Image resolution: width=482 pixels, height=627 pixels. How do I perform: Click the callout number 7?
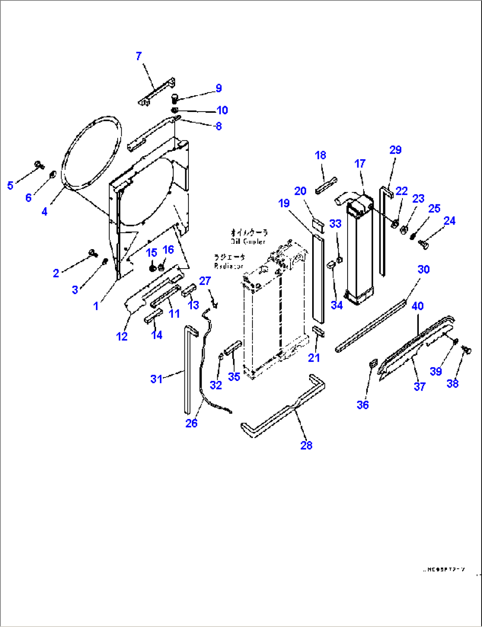coord(139,56)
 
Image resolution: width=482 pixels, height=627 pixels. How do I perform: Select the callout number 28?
coord(306,445)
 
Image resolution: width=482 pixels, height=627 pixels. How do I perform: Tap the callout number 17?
coord(360,163)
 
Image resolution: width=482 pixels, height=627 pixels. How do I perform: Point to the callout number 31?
coord(156,379)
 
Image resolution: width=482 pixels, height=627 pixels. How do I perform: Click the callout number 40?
coord(417,306)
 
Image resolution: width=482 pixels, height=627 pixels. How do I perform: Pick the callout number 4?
coord(44,212)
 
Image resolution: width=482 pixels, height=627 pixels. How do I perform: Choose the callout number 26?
coord(191,423)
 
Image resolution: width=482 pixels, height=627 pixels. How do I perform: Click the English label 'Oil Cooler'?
coord(248,242)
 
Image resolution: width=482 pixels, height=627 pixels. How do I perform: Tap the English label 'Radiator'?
coord(229,266)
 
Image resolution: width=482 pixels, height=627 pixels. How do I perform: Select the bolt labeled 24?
coord(423,242)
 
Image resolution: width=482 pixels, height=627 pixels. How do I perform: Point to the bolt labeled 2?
coord(93,253)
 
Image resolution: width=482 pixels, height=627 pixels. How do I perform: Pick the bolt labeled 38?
coord(465,350)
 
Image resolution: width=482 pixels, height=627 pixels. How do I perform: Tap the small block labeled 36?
coord(373,364)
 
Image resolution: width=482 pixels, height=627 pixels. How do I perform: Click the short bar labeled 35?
coord(233,348)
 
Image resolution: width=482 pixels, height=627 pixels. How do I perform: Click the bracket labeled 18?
coord(326,185)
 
